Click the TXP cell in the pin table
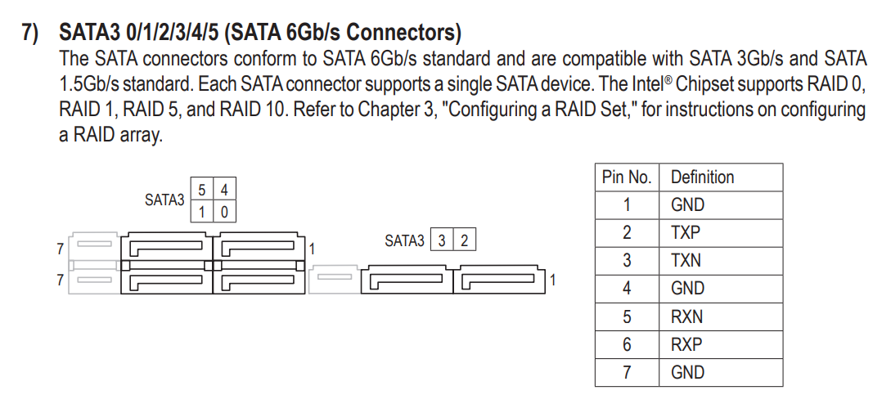pyautogui.click(x=721, y=233)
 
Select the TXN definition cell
pyautogui.click(x=721, y=261)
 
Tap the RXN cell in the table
pyautogui.click(x=721, y=316)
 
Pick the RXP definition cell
pyautogui.click(x=721, y=344)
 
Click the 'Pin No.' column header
pyautogui.click(x=627, y=177)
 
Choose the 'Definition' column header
pyautogui.click(x=721, y=177)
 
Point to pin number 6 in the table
pyautogui.click(x=627, y=344)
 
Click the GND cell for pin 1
pyautogui.click(x=721, y=205)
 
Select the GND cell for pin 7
pyautogui.click(x=721, y=372)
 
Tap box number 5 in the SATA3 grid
pyautogui.click(x=202, y=189)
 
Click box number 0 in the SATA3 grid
pyautogui.click(x=224, y=211)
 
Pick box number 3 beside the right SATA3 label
pyautogui.click(x=442, y=240)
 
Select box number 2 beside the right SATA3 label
pyautogui.click(x=464, y=240)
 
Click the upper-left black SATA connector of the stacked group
pyautogui.click(x=166, y=246)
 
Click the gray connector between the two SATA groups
pyautogui.click(x=335, y=279)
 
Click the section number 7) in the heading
pyautogui.click(x=31, y=33)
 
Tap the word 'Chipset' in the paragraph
pyautogui.click(x=709, y=84)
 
